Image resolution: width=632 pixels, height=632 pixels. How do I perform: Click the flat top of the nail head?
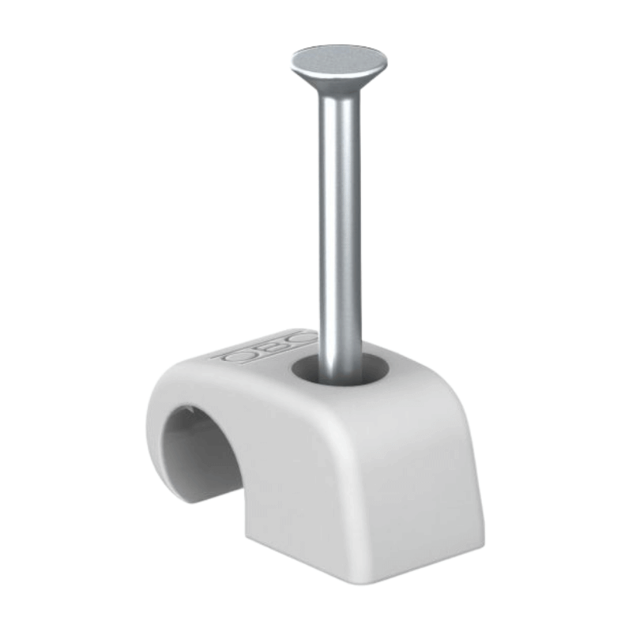click(339, 57)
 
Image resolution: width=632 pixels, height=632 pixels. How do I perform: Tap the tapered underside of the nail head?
click(340, 79)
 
